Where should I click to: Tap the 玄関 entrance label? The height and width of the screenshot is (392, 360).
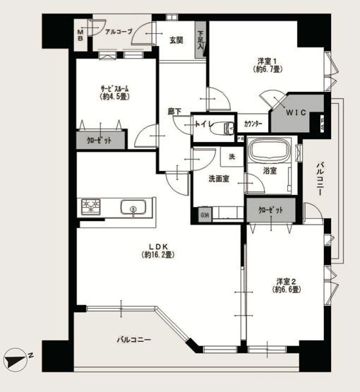pos(176,40)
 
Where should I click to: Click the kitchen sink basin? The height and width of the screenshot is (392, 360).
pos(132,208)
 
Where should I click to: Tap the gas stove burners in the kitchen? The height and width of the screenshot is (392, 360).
pos(92,207)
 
